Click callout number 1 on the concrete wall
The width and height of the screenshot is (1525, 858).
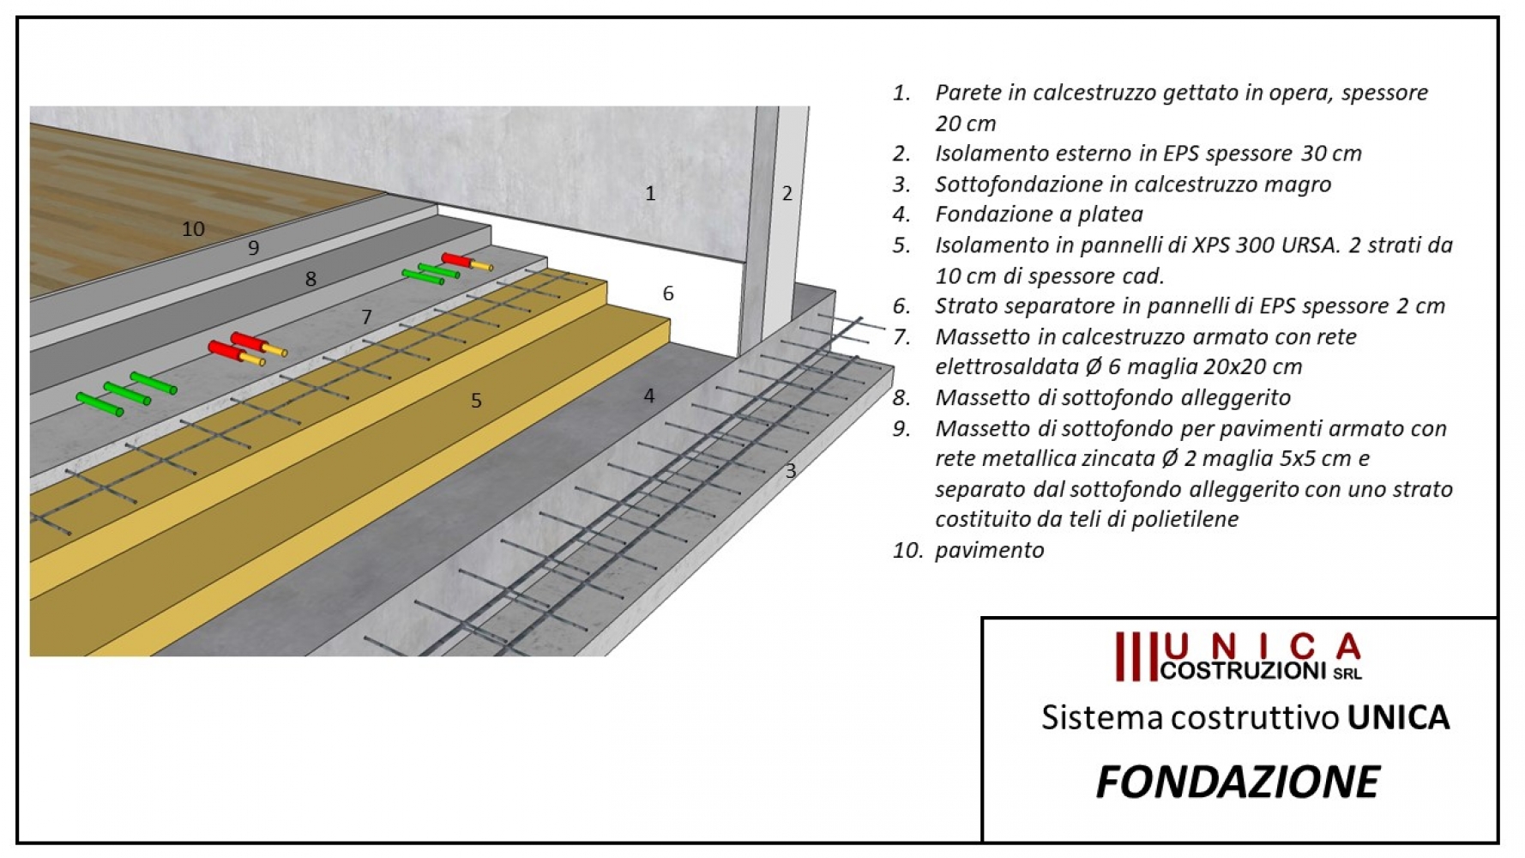(650, 193)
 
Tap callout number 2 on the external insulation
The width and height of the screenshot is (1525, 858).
(787, 193)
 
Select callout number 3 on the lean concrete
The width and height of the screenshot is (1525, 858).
(791, 470)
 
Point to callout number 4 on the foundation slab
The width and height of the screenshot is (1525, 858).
(649, 396)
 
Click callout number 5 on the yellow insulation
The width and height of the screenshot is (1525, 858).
(476, 400)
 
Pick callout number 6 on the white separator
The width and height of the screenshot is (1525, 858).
(668, 293)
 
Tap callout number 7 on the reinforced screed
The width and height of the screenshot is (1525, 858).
(366, 317)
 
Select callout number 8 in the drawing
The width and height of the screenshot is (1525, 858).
(310, 279)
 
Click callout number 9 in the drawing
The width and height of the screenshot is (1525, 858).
(253, 248)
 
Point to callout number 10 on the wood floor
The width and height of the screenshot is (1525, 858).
(193, 229)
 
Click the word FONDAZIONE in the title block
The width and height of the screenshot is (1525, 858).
(1238, 782)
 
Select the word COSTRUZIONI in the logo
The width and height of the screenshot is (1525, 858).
(1243, 671)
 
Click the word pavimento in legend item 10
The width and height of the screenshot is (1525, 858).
(990, 550)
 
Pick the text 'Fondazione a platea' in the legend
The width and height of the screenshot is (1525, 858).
(1039, 214)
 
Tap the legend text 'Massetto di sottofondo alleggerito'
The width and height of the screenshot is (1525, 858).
(1112, 397)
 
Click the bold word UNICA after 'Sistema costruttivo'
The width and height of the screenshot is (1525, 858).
(1398, 717)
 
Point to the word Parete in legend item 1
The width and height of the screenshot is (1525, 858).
(968, 92)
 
